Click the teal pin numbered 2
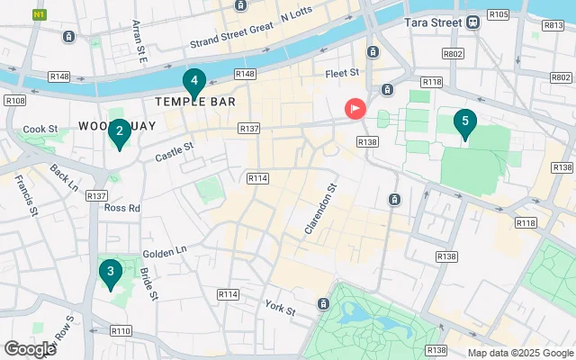118,134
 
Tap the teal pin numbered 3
110,272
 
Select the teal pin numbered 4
193,83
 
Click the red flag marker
355,110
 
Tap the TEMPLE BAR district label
195,103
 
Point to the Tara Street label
433,22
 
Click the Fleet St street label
342,72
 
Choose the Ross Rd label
121,208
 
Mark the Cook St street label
40,130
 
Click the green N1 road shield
40,14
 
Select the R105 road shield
499,15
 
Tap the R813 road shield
553,26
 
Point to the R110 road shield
121,331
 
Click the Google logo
30,348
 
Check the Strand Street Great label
229,38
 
